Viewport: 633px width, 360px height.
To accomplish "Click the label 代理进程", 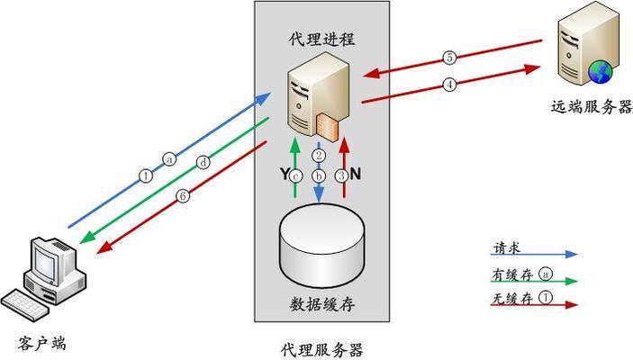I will coord(322,39).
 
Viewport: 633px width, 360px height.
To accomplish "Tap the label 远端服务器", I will coord(592,106).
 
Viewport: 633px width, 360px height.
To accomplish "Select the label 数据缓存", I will coord(321,304).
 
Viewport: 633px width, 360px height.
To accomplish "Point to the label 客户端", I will coord(42,342).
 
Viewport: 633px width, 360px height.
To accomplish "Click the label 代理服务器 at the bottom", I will coord(321,349).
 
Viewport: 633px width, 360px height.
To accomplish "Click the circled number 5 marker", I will coord(449,58).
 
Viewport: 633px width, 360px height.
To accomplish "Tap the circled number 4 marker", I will coord(449,85).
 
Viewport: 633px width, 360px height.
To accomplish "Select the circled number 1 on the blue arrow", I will coord(147,175).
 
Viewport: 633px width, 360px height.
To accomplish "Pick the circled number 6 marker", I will coord(183,195).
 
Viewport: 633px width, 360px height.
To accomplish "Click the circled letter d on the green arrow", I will coord(204,163).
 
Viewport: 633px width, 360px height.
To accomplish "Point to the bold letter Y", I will coord(285,175).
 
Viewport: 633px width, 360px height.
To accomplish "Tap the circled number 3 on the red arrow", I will coord(341,175).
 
